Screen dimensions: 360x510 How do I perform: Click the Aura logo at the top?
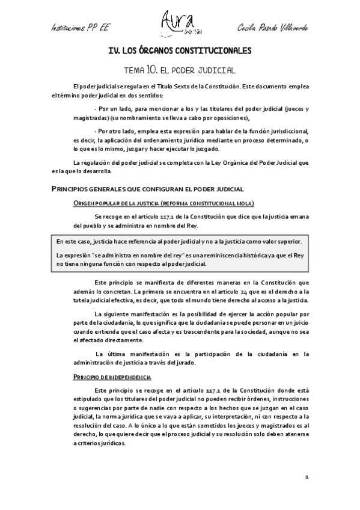180,23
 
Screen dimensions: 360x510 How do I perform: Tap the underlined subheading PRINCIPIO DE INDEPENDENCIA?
112,377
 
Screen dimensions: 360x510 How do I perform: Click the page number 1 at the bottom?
306,478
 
